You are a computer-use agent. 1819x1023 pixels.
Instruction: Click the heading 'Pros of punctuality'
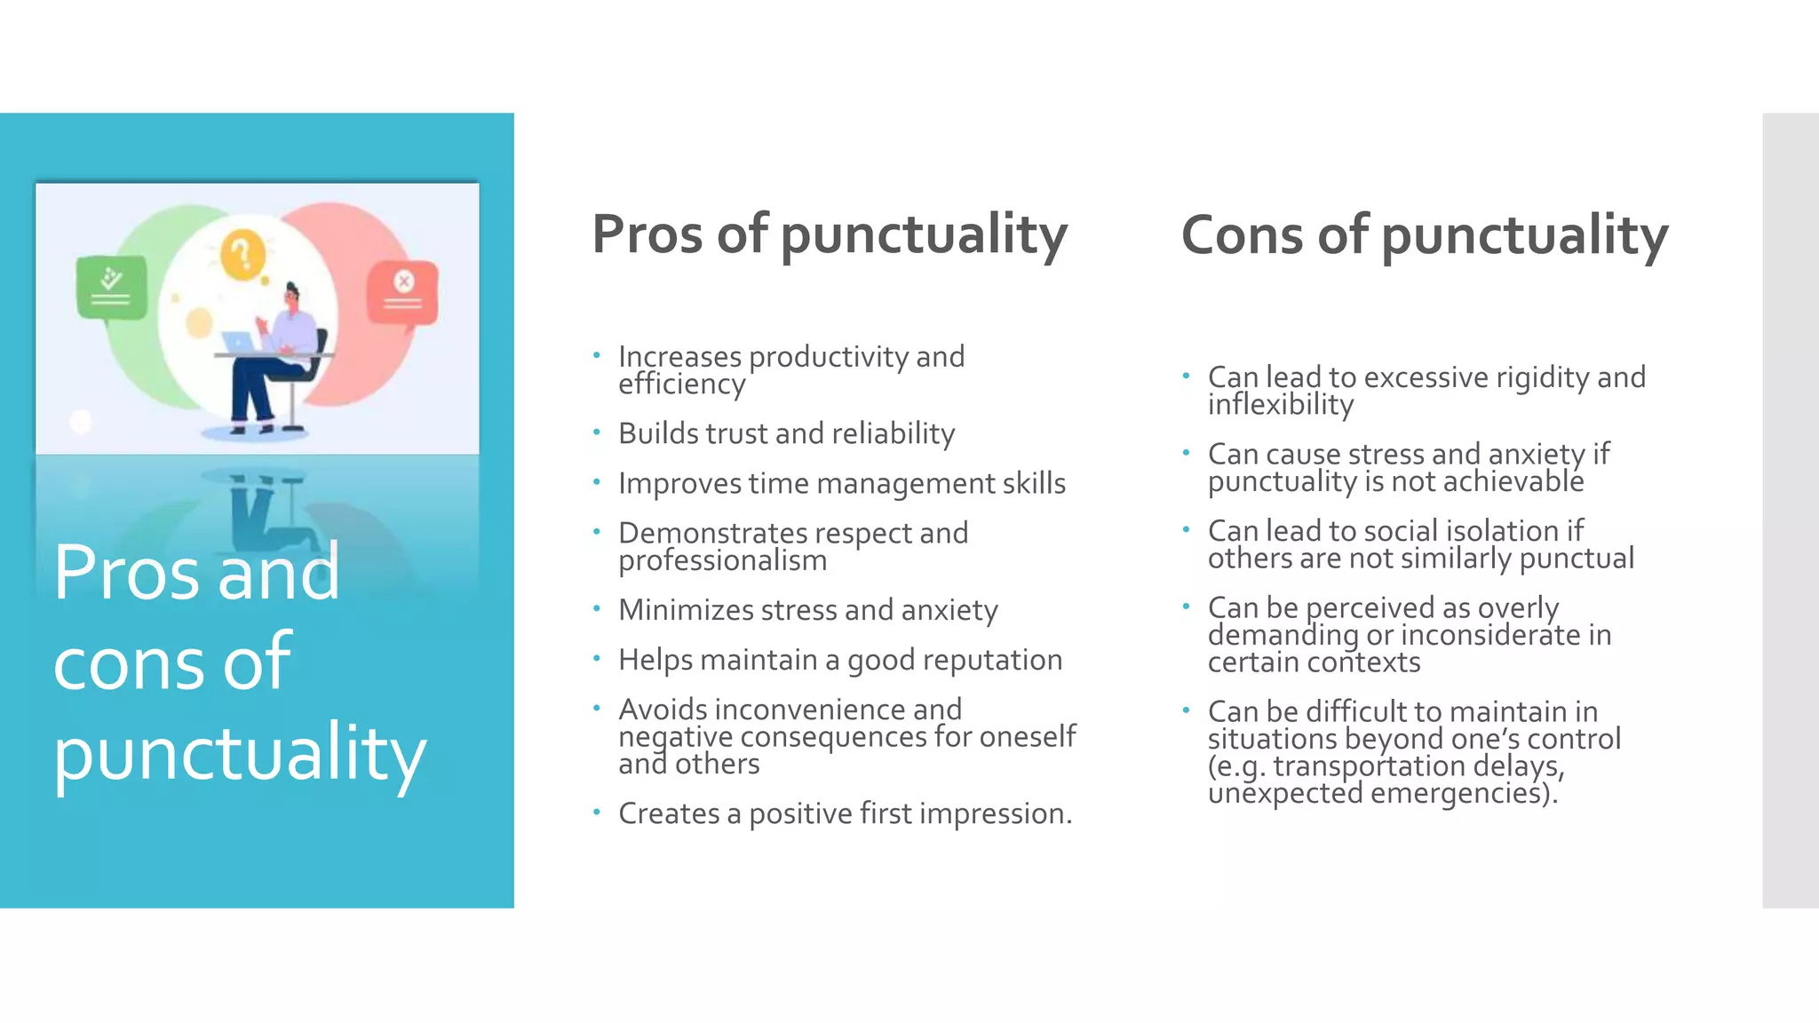coord(830,234)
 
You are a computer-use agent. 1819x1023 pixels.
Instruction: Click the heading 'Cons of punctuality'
coord(1424,235)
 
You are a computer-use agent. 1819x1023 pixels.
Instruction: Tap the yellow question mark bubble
coord(242,255)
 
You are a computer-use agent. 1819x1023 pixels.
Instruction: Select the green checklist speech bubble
coord(111,287)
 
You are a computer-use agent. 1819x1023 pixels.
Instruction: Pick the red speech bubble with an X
coord(403,291)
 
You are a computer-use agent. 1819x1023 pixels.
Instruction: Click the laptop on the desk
coord(238,342)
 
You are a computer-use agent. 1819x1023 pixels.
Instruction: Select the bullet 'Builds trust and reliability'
coord(786,433)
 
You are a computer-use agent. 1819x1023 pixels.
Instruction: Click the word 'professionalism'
coord(722,560)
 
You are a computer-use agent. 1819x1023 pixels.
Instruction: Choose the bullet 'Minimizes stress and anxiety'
coord(807,610)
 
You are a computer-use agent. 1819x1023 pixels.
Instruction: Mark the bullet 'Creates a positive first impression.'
coord(845,813)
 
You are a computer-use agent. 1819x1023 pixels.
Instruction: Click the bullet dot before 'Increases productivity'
coord(597,356)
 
